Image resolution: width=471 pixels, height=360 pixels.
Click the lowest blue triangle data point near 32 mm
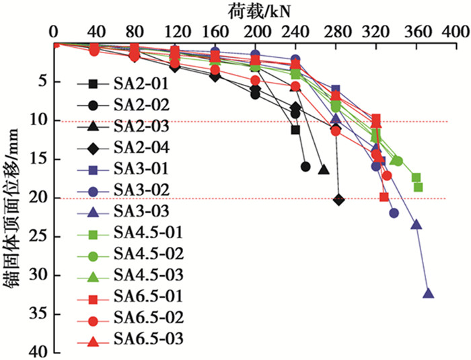tap(428, 293)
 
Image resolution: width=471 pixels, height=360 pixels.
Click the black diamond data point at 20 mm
tap(338, 200)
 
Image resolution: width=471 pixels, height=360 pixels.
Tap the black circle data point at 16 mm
tap(305, 167)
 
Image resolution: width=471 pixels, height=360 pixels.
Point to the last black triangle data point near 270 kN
tap(323, 170)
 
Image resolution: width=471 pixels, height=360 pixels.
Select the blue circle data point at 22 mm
tap(394, 213)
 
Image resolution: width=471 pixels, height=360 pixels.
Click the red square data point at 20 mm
tap(384, 197)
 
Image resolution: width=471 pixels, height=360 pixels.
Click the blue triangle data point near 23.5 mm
tap(416, 225)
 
